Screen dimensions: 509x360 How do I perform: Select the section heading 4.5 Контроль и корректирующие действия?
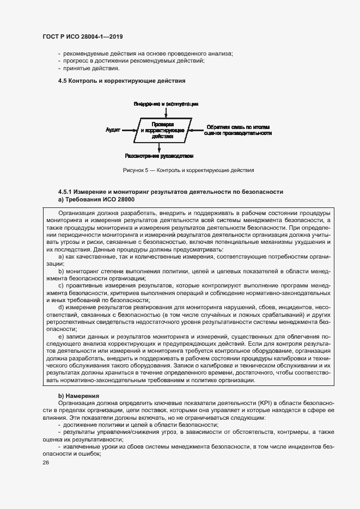pyautogui.click(x=122, y=81)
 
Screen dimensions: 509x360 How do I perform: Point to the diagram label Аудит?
pyautogui.click(x=113, y=131)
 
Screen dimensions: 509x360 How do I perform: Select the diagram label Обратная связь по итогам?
pyautogui.click(x=239, y=127)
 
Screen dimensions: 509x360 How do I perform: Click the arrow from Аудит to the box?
pyautogui.click(x=130, y=131)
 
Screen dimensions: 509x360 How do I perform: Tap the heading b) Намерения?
pyautogui.click(x=78, y=395)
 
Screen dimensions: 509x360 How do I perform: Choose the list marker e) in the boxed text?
pyautogui.click(x=62, y=337)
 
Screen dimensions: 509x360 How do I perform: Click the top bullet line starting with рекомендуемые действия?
pyautogui.click(x=148, y=53)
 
